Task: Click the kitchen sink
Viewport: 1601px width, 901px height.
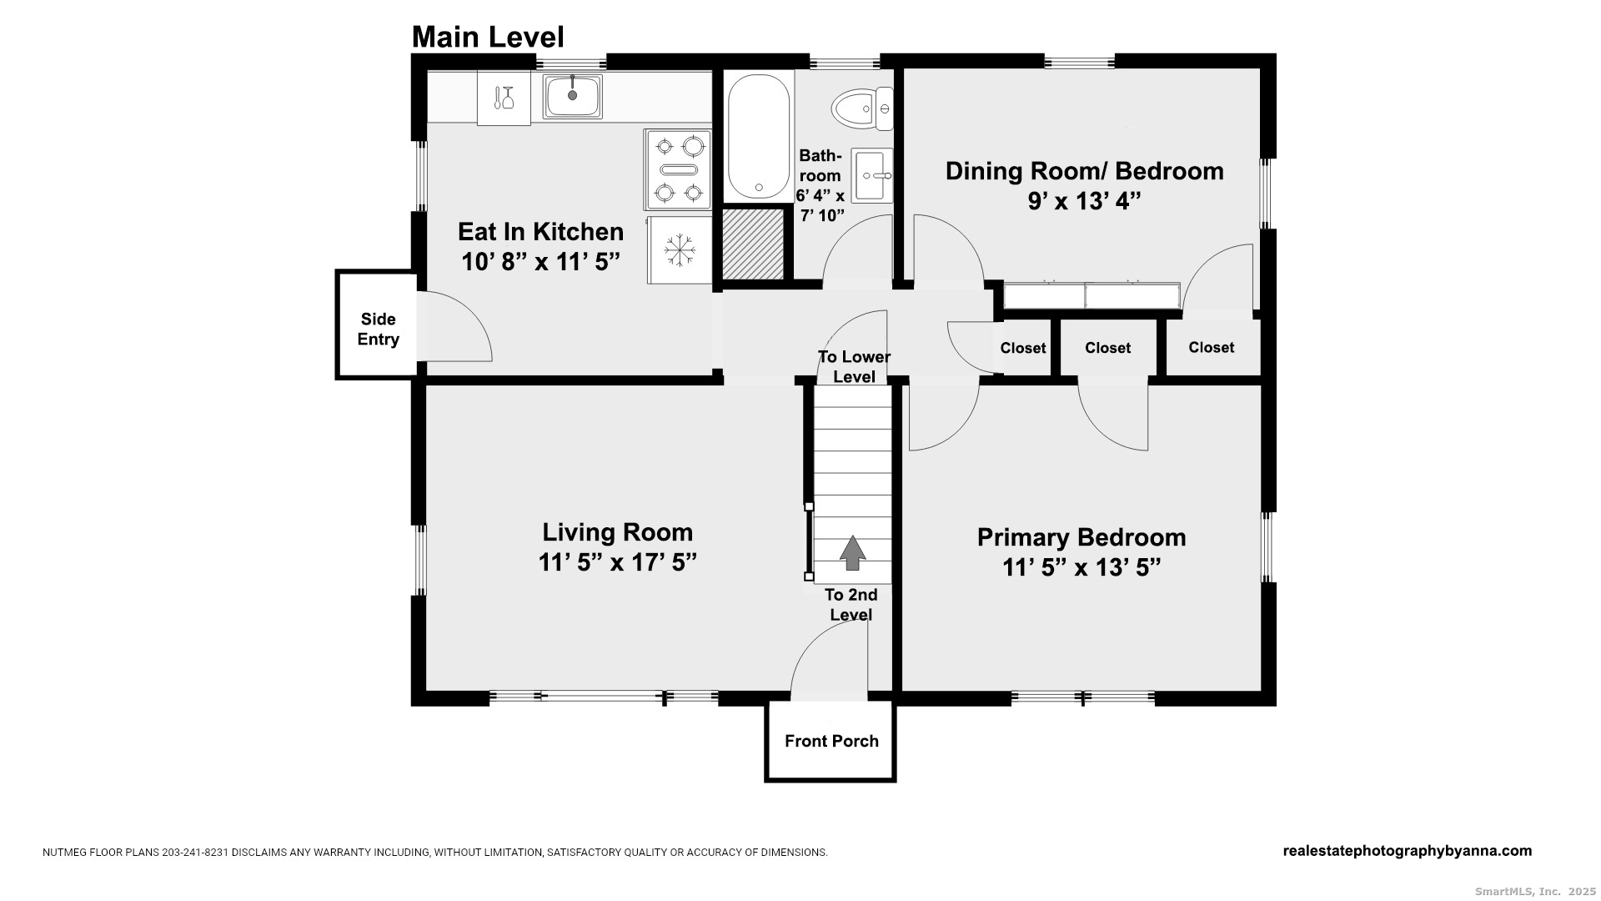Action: [x=572, y=96]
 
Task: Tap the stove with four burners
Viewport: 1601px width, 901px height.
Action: [x=678, y=169]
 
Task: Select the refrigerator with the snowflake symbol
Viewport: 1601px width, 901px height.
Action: [x=680, y=250]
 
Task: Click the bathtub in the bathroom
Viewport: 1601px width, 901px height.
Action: [x=759, y=137]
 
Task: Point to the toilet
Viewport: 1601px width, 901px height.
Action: [x=862, y=108]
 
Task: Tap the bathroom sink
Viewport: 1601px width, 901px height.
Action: [x=872, y=175]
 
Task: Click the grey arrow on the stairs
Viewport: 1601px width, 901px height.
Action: [x=851, y=553]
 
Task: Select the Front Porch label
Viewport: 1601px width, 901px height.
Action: [x=831, y=741]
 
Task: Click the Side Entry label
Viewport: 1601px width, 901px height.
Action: [x=378, y=330]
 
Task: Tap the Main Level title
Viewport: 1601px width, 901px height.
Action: [x=488, y=37]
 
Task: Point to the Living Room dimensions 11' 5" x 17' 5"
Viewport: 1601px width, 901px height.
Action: [x=617, y=562]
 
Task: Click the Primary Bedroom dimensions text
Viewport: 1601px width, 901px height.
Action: [x=1082, y=567]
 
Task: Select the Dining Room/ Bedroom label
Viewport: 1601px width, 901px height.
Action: [x=1084, y=171]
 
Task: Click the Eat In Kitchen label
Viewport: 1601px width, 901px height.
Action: [x=540, y=231]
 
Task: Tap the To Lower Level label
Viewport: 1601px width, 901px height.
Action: [x=854, y=367]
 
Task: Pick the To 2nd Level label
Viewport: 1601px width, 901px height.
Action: [x=851, y=605]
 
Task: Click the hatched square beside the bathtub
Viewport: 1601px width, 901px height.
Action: [x=753, y=244]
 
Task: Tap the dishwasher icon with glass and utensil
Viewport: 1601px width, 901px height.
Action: [x=504, y=98]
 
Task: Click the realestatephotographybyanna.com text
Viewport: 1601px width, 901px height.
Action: [x=1407, y=851]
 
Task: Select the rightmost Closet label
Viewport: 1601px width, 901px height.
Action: [x=1211, y=348]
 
